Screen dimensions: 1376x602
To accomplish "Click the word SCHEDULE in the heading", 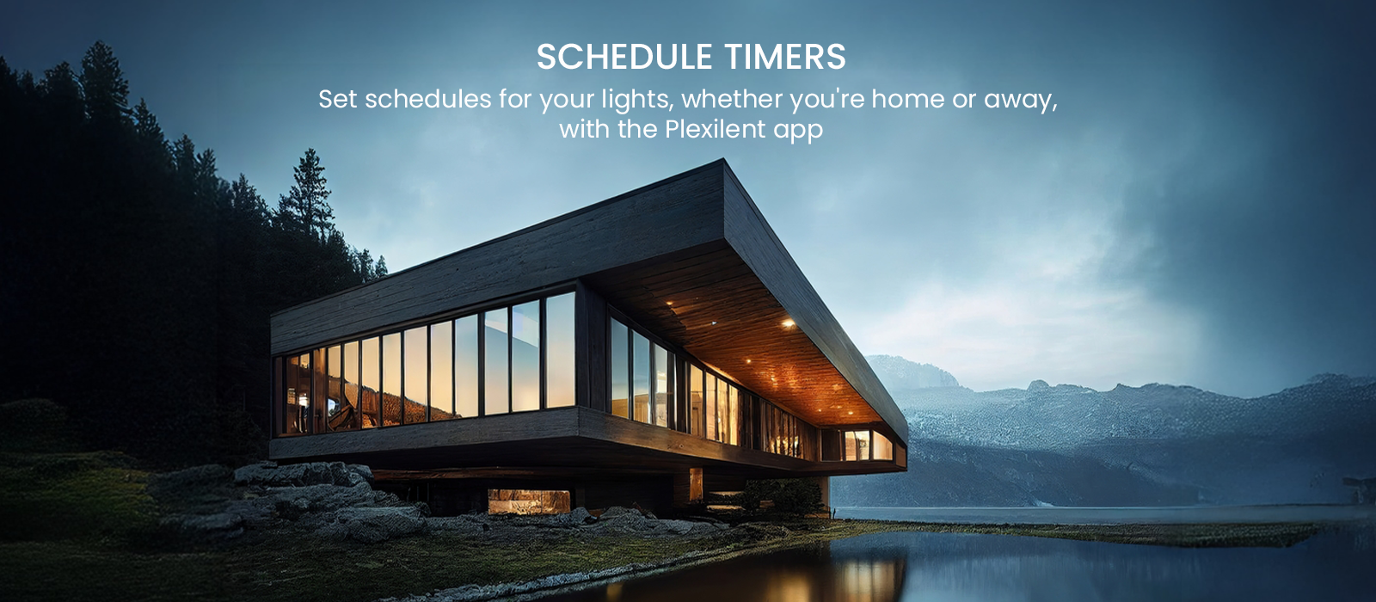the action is click(624, 57).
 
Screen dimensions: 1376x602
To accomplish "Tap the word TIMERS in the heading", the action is click(786, 57).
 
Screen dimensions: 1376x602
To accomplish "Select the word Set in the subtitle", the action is click(336, 99).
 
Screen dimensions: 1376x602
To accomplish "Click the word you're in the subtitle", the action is click(826, 100).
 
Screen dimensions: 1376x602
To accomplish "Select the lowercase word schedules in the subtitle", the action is click(428, 99).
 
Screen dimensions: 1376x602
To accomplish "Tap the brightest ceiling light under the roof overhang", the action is click(788, 322).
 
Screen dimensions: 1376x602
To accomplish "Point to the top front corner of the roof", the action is click(723, 160).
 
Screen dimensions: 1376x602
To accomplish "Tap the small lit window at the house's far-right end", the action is click(857, 445).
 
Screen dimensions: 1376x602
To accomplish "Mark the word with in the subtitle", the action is click(585, 129).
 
